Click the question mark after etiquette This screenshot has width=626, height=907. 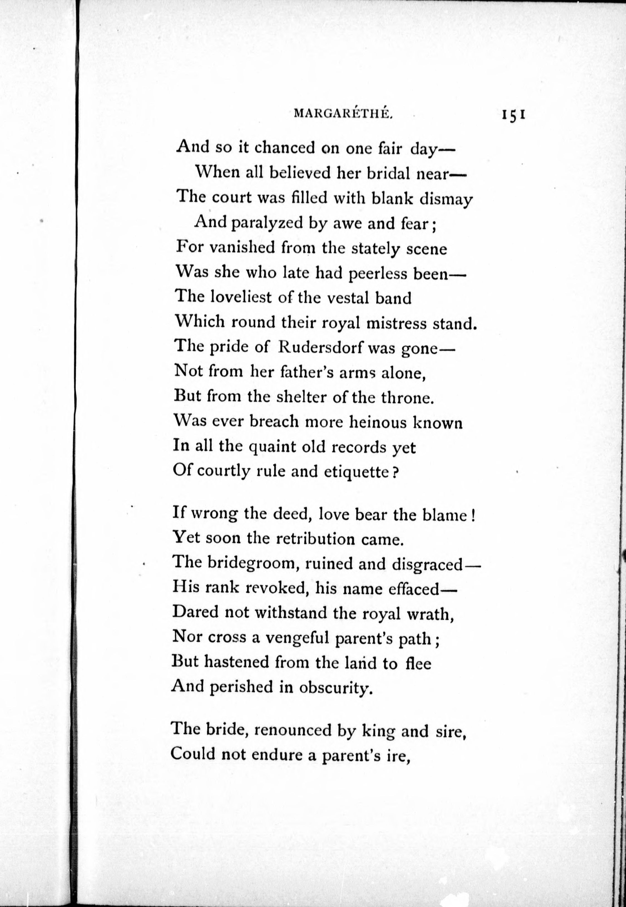tap(395, 472)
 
